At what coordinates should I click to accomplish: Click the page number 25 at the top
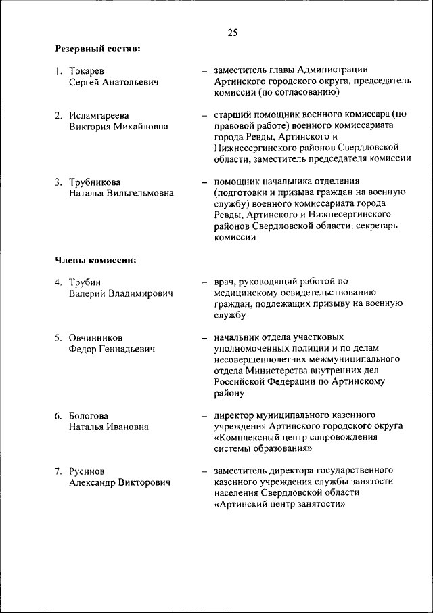[232, 32]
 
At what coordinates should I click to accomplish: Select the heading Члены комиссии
[95, 260]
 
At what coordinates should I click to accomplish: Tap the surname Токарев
[87, 70]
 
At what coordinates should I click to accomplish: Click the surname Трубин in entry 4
[85, 282]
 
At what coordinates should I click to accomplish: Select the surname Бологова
[89, 415]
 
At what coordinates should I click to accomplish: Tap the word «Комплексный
[248, 437]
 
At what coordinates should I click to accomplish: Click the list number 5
[58, 337]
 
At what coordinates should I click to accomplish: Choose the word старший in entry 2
[232, 115]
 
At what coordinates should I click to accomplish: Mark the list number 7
[58, 471]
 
